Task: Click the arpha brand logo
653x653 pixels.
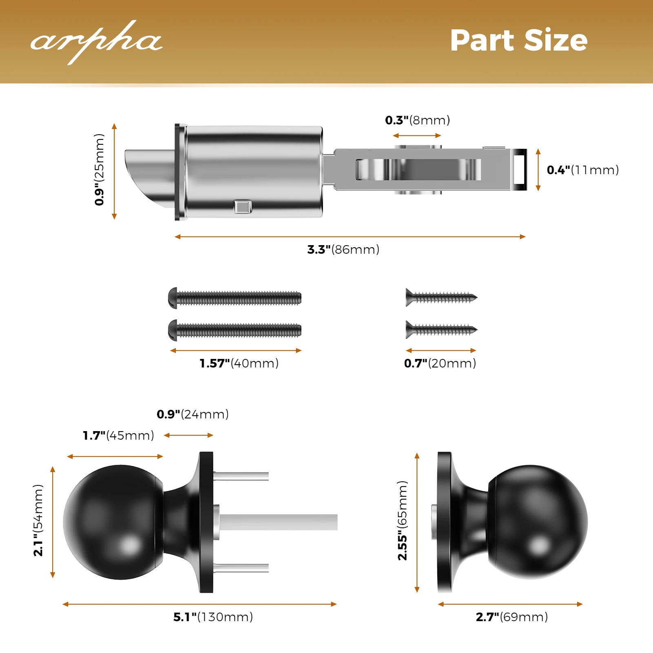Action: (x=96, y=42)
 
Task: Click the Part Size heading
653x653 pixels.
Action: (x=518, y=40)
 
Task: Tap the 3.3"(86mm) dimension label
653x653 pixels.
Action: (x=343, y=249)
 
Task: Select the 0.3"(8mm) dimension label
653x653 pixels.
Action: (x=418, y=120)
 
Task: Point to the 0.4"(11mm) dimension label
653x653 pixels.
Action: (x=583, y=170)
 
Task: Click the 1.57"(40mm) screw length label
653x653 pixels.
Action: (x=239, y=363)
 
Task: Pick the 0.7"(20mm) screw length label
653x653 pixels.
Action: (x=440, y=363)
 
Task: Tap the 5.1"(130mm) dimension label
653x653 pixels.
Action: (x=213, y=617)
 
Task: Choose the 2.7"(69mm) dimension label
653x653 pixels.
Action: (x=512, y=617)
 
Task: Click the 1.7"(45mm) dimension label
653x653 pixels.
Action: (x=118, y=435)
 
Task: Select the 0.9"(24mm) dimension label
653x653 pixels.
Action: (x=193, y=414)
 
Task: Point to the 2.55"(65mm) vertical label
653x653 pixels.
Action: (x=402, y=520)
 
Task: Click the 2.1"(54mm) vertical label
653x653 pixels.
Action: (x=38, y=520)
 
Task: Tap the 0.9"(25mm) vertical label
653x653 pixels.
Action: (x=99, y=170)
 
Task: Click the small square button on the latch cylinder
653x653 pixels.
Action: (x=243, y=207)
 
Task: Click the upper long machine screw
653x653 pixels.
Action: (x=235, y=298)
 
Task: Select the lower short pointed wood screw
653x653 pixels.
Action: (x=441, y=330)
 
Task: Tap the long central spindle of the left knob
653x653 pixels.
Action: (x=278, y=522)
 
